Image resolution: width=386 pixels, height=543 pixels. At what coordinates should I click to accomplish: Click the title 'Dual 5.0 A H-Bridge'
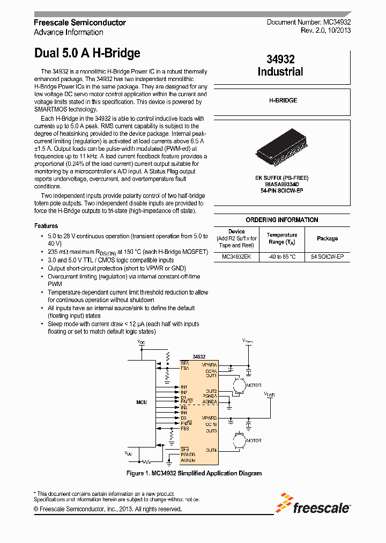click(87, 53)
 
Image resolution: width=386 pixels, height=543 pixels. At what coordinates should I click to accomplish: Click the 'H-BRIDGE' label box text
click(283, 100)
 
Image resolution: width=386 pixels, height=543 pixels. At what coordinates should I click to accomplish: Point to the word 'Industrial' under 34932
click(280, 72)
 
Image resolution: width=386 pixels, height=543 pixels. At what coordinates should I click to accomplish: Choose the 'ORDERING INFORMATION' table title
click(281, 220)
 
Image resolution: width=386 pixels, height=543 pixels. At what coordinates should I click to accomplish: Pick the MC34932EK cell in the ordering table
click(236, 257)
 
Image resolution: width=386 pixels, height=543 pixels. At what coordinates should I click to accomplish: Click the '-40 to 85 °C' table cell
click(281, 257)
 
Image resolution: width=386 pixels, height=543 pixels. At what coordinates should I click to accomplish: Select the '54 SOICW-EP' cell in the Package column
click(327, 257)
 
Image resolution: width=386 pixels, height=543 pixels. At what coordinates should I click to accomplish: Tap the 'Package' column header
click(327, 238)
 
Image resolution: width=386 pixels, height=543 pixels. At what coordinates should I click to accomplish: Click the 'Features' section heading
click(46, 226)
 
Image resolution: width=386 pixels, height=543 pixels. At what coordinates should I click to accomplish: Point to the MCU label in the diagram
click(142, 402)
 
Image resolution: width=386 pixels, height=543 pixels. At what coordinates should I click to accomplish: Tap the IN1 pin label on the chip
click(184, 387)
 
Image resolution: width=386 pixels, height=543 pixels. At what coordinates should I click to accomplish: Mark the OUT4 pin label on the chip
click(210, 450)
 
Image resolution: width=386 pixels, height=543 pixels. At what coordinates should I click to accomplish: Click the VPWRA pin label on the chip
click(210, 365)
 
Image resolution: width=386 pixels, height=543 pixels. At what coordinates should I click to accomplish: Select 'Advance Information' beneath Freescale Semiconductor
click(68, 32)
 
